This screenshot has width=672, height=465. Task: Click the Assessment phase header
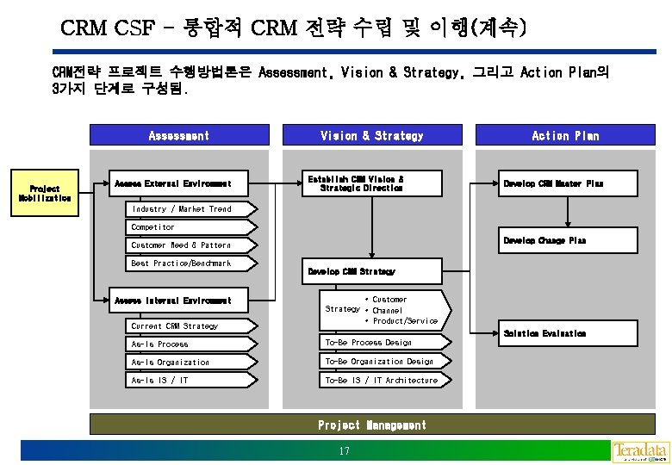[179, 135]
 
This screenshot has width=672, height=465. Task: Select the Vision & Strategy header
[372, 135]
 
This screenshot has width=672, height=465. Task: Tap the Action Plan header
[565, 135]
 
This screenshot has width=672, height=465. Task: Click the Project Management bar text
[371, 425]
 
